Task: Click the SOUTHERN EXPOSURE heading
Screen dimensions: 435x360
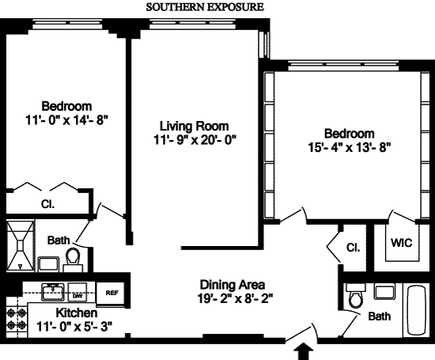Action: click(205, 7)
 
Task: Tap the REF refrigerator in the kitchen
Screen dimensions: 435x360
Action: click(112, 293)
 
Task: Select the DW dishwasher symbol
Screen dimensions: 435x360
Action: click(78, 292)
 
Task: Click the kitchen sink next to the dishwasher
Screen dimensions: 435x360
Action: click(53, 292)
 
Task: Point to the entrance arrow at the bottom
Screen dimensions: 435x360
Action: click(304, 351)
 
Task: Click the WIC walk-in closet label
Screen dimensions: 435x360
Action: click(401, 243)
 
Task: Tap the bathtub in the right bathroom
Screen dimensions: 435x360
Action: click(416, 310)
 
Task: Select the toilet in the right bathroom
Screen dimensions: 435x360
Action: click(355, 296)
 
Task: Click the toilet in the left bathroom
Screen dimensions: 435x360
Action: click(73, 260)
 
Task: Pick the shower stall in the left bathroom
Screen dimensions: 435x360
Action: click(21, 245)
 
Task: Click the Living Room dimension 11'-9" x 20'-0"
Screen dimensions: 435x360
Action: click(195, 140)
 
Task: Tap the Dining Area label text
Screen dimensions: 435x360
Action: click(233, 285)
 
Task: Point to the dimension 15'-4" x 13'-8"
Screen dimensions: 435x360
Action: click(350, 148)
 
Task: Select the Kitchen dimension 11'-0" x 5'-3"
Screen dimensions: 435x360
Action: click(74, 327)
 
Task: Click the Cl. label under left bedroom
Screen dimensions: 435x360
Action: click(47, 204)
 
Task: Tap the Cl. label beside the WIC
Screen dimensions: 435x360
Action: click(354, 248)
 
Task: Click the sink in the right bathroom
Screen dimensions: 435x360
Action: click(384, 292)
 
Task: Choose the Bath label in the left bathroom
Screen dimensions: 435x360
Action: click(59, 241)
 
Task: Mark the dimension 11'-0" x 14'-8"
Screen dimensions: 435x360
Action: click(66, 120)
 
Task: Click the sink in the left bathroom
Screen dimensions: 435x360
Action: click(48, 264)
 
